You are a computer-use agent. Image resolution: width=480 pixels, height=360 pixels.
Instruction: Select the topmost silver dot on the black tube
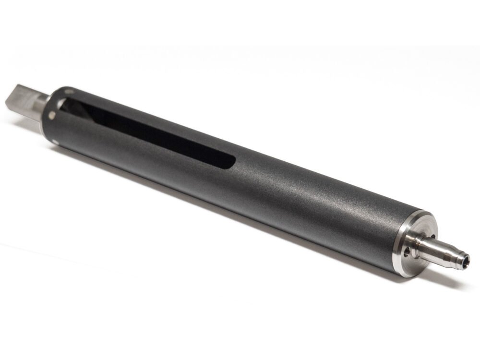click(72, 89)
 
